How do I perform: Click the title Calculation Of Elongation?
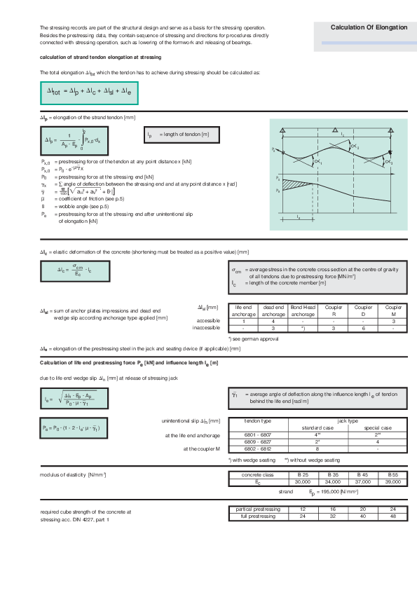tap(369, 27)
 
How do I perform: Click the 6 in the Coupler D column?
tap(362, 327)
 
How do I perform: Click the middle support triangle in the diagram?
tap(338, 131)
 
